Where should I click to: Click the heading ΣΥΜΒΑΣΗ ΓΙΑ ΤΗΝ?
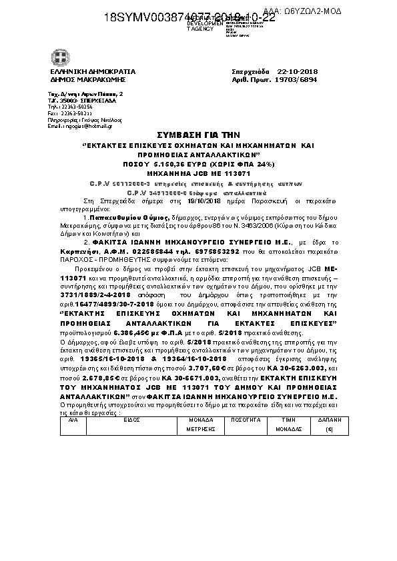[197, 134]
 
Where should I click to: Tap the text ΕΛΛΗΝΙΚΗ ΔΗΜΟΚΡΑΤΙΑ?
[87, 71]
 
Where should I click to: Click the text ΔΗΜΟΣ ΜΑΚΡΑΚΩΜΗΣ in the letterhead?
[83, 79]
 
